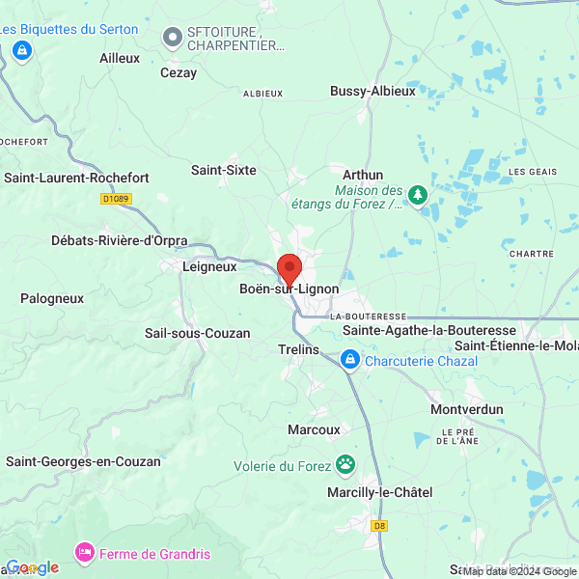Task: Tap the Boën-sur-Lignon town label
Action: (289, 289)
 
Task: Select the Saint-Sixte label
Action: (224, 170)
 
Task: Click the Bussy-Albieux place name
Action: (372, 91)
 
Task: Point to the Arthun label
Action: (363, 174)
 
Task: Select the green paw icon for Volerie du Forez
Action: (345, 465)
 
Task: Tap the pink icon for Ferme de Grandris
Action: (84, 553)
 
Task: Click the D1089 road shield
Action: (116, 199)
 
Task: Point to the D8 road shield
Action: (379, 526)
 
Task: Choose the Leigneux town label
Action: (210, 265)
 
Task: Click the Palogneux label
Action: (52, 298)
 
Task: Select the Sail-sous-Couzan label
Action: (197, 333)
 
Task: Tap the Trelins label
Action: (297, 349)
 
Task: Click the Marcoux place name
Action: (315, 429)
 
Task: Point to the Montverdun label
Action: (467, 409)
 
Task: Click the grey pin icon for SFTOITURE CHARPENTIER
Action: (173, 37)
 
